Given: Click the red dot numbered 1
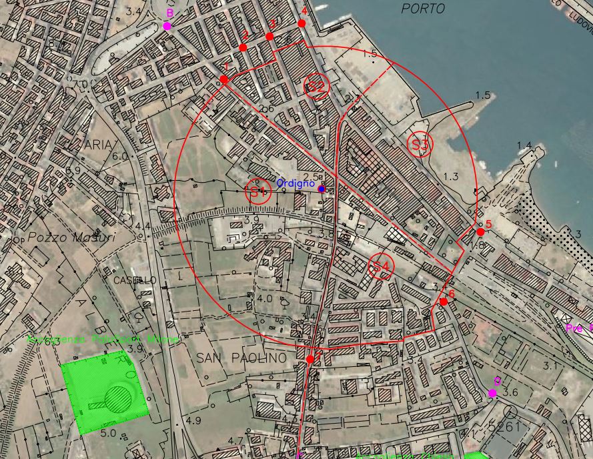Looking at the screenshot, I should pyautogui.click(x=224, y=79).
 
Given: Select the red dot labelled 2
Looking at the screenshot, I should pyautogui.click(x=243, y=47).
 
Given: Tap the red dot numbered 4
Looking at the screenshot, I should pyautogui.click(x=302, y=23).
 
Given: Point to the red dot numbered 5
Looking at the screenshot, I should pyautogui.click(x=480, y=232).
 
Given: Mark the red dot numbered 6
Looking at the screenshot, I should pyautogui.click(x=444, y=302).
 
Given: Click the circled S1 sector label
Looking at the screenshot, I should pyautogui.click(x=258, y=192).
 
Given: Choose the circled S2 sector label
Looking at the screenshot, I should pyautogui.click(x=317, y=86).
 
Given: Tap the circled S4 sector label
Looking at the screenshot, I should pyautogui.click(x=381, y=267).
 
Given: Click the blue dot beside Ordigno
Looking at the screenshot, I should pyautogui.click(x=322, y=189).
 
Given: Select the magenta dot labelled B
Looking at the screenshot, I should pyautogui.click(x=167, y=26).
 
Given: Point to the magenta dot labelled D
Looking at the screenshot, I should pyautogui.click(x=492, y=394).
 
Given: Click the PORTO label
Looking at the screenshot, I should pyautogui.click(x=423, y=9).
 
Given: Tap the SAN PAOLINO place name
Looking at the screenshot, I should pyautogui.click(x=241, y=358).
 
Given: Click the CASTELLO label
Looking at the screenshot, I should pyautogui.click(x=135, y=280).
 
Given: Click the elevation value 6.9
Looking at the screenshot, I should pyautogui.click(x=73, y=171).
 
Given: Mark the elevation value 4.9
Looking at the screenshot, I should pyautogui.click(x=193, y=421).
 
